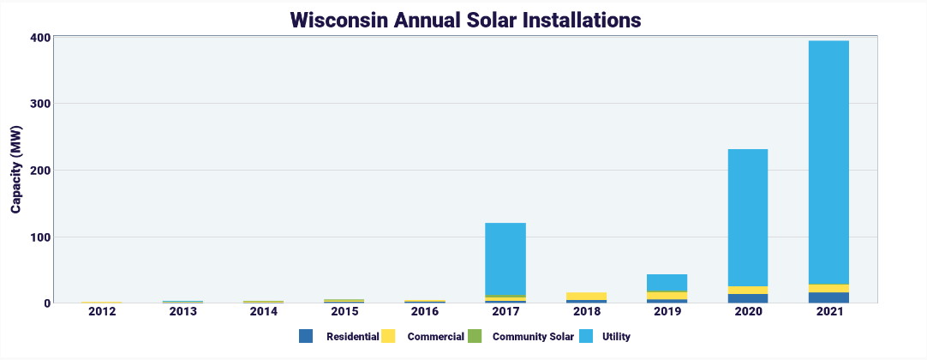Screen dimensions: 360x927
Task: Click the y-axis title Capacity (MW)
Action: [x=16, y=170]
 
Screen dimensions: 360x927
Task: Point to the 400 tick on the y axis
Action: [x=39, y=38]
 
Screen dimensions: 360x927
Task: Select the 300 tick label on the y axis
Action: [x=39, y=104]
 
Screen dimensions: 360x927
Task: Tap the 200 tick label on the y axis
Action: [x=39, y=171]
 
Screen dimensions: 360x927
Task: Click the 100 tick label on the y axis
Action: [x=39, y=237]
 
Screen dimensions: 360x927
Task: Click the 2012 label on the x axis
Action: [x=102, y=312]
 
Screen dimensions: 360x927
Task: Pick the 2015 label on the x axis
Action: [x=344, y=312]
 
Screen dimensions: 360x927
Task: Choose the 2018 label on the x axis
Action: [x=586, y=312]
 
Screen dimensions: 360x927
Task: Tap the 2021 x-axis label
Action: [x=828, y=312]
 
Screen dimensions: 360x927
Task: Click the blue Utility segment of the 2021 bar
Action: [x=828, y=163]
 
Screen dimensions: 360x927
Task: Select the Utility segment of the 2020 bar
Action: [x=747, y=218]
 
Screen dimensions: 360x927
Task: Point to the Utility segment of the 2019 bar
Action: [x=667, y=283]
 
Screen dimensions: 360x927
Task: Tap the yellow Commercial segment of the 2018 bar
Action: [x=586, y=296]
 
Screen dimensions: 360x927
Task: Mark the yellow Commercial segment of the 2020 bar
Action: [x=747, y=290]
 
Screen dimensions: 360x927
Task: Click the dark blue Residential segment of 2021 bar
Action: [x=828, y=297]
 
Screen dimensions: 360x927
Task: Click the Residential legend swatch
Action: [x=306, y=337]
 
